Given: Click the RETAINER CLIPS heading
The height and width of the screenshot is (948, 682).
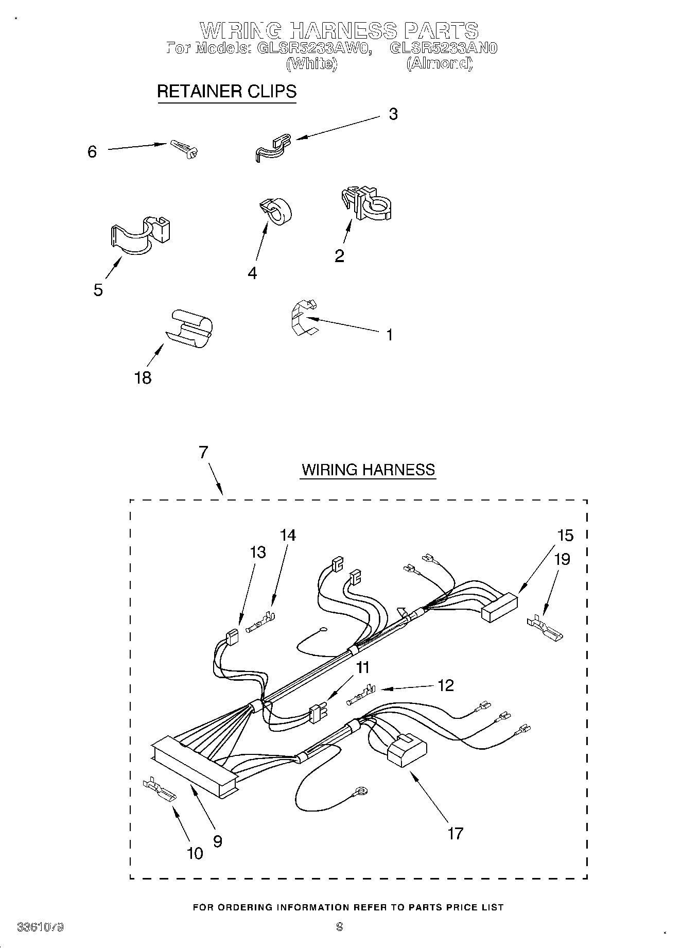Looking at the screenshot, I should (226, 91).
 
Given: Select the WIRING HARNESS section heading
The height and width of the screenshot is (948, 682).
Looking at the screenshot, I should (368, 470).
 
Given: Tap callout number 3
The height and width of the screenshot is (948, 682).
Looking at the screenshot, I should (393, 114).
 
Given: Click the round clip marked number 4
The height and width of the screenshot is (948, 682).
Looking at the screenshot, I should (276, 212).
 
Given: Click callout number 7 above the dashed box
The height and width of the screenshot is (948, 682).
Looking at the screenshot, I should (203, 452).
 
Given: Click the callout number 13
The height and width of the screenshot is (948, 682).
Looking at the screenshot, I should (257, 552).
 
